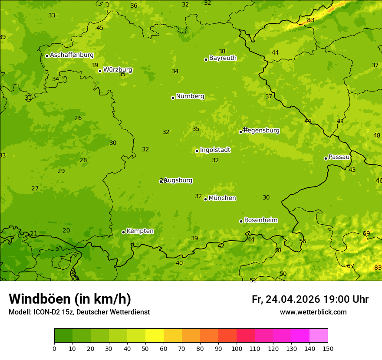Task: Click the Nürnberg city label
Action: coord(190,96)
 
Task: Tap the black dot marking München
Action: coord(205,199)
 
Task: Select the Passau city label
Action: coord(339,157)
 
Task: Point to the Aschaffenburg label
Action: coord(72,55)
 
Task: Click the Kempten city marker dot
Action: coord(123,232)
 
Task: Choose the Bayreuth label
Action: coord(223,58)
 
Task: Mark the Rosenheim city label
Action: coord(260,220)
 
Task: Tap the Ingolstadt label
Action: coord(215,150)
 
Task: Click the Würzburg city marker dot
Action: coord(100,71)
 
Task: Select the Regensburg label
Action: coord(262,131)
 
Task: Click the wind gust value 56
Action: coord(303,241)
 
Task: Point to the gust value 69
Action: coord(366,233)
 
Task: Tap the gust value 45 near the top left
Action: coord(100,28)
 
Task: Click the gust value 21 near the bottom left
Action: coord(33,234)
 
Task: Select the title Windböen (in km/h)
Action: coord(70,299)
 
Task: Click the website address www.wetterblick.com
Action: coord(313,312)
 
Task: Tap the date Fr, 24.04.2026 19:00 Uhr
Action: coord(310,299)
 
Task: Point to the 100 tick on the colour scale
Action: coord(237,348)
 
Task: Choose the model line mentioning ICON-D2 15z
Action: coord(79,312)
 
